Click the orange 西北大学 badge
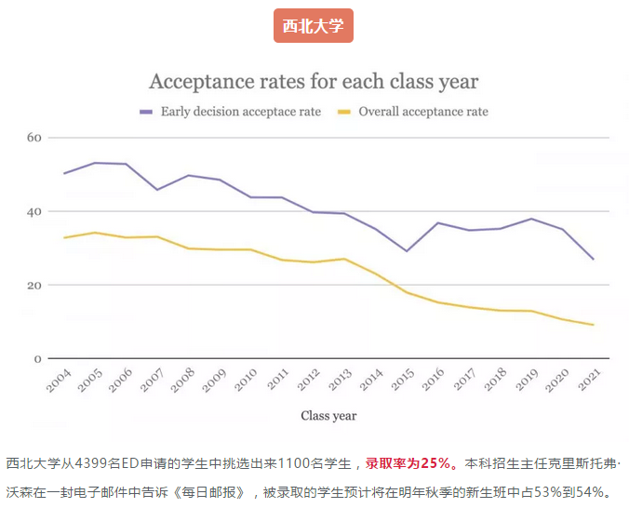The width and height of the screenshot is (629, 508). [x=314, y=25]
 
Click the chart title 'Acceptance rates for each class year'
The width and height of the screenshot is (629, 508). [x=314, y=81]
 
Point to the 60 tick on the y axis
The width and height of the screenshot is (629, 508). [x=35, y=138]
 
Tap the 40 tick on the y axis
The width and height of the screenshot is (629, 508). [x=35, y=211]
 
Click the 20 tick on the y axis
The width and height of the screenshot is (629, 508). [x=35, y=285]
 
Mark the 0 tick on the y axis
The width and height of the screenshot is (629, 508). [x=38, y=358]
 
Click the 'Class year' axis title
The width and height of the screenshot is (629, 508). [x=328, y=416]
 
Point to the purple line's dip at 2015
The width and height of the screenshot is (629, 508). [x=406, y=251]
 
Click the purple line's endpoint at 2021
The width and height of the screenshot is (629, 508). [x=593, y=259]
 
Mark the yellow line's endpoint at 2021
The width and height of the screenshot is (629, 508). [x=593, y=325]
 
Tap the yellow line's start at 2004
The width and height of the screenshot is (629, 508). [x=63, y=237]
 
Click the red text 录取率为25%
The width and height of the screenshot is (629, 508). [x=409, y=463]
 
